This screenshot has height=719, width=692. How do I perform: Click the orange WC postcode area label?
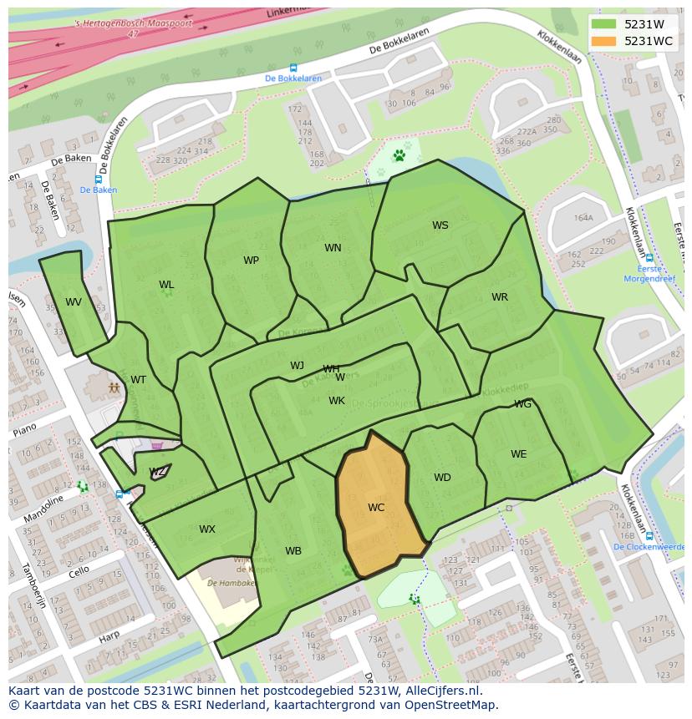[376, 508]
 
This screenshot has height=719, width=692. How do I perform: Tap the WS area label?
[440, 225]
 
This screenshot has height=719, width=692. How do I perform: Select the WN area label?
[333, 248]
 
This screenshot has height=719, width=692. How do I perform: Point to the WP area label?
[251, 261]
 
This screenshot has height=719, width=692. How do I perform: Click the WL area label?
[166, 286]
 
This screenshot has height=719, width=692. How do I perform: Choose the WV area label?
[74, 302]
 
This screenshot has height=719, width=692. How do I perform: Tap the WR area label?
[500, 297]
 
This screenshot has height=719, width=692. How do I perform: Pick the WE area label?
[519, 454]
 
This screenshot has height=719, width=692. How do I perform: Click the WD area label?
[442, 478]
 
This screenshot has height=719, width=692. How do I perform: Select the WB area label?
[293, 551]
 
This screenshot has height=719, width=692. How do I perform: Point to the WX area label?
[207, 529]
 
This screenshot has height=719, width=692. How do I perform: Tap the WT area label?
[138, 380]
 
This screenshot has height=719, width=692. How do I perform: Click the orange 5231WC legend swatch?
[603, 41]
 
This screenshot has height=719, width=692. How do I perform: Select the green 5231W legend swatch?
[603, 24]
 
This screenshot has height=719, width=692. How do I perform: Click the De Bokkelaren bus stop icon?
[293, 68]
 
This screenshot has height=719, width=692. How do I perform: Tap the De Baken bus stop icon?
[99, 180]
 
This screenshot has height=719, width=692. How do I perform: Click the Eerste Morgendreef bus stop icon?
[649, 258]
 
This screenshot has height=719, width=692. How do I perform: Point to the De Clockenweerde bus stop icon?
[649, 536]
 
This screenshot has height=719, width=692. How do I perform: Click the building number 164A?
[583, 218]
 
